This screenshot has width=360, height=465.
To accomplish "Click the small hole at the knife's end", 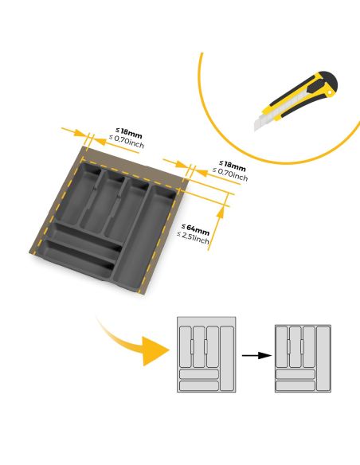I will click(x=328, y=92).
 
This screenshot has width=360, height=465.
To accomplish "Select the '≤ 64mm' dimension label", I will click(x=193, y=230).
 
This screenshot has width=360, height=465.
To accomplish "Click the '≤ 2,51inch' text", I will click(x=193, y=240).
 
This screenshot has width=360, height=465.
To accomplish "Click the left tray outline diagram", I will click(x=205, y=354).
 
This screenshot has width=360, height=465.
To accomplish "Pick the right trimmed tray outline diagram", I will click(x=303, y=358).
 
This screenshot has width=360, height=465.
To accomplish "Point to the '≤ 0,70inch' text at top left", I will click(x=130, y=140).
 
